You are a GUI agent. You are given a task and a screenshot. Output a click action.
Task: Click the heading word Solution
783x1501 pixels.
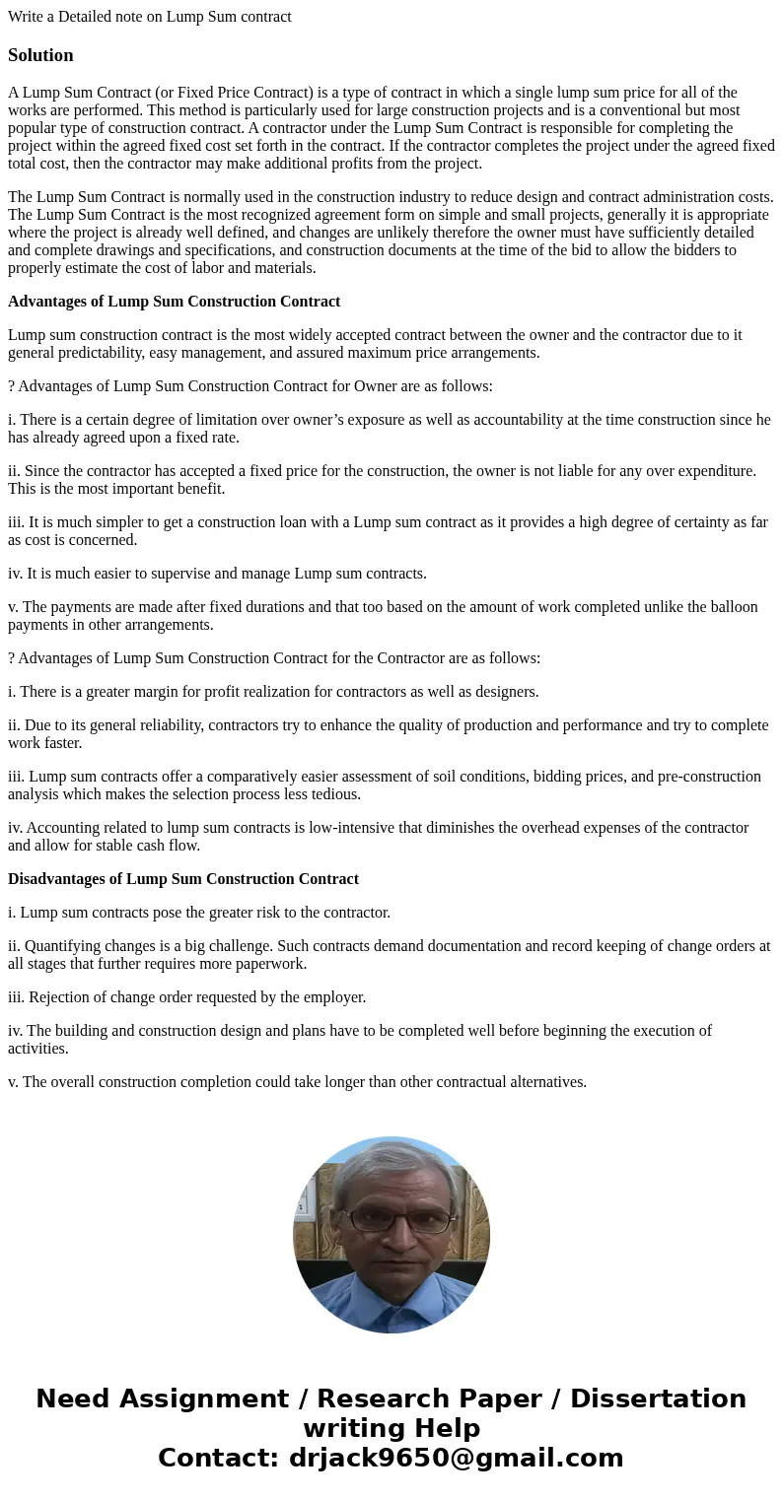coord(40,55)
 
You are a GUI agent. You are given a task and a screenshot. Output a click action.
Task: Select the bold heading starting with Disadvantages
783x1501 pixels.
coord(183,878)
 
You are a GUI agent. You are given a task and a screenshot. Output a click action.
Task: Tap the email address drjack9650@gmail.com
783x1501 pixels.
coord(456,1458)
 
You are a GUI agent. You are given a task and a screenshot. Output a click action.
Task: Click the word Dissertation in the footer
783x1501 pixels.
coord(658,1399)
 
